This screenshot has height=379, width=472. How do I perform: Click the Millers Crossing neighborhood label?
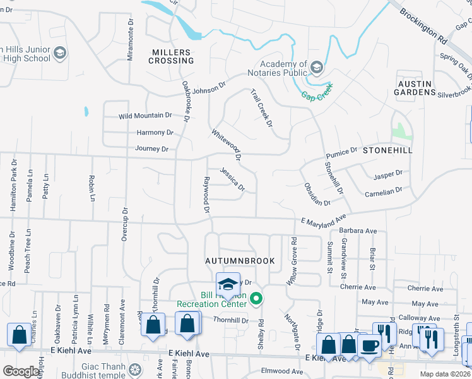pyautogui.click(x=171, y=56)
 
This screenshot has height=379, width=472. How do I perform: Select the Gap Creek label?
pyautogui.click(x=316, y=95)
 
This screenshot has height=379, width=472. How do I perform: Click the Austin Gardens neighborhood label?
pyautogui.click(x=416, y=87)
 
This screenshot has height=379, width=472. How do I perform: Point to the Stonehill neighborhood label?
pyautogui.click(x=387, y=150)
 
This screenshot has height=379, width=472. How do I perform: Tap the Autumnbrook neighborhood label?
pyautogui.click(x=240, y=260)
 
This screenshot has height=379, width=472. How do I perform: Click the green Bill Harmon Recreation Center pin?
pyautogui.click(x=256, y=299)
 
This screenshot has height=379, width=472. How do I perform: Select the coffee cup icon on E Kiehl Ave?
pyautogui.click(x=369, y=346)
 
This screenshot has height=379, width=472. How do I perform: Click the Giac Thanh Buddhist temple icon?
pyautogui.click(x=134, y=370)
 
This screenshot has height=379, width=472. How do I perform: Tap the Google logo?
pyautogui.click(x=21, y=371)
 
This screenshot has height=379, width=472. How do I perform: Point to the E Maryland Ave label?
pyautogui.click(x=323, y=219)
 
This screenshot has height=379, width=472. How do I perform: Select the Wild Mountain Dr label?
pyautogui.click(x=145, y=116)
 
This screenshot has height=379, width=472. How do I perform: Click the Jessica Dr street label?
pyautogui.click(x=232, y=179)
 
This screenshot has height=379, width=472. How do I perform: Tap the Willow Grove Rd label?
pyautogui.click(x=293, y=260)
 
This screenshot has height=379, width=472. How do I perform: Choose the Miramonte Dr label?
pyautogui.click(x=131, y=40)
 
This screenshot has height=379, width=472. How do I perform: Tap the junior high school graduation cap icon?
pyautogui.click(x=61, y=52)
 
